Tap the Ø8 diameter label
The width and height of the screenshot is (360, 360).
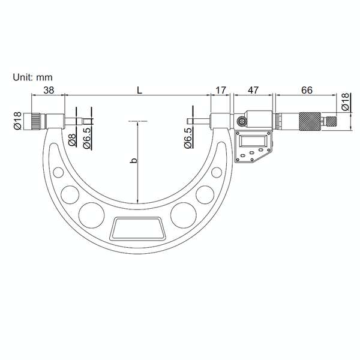point(71,141)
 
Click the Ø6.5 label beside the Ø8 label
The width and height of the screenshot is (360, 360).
point(87,137)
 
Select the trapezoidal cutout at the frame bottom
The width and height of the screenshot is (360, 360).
point(138,227)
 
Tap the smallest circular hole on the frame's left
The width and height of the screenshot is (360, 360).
point(58,173)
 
